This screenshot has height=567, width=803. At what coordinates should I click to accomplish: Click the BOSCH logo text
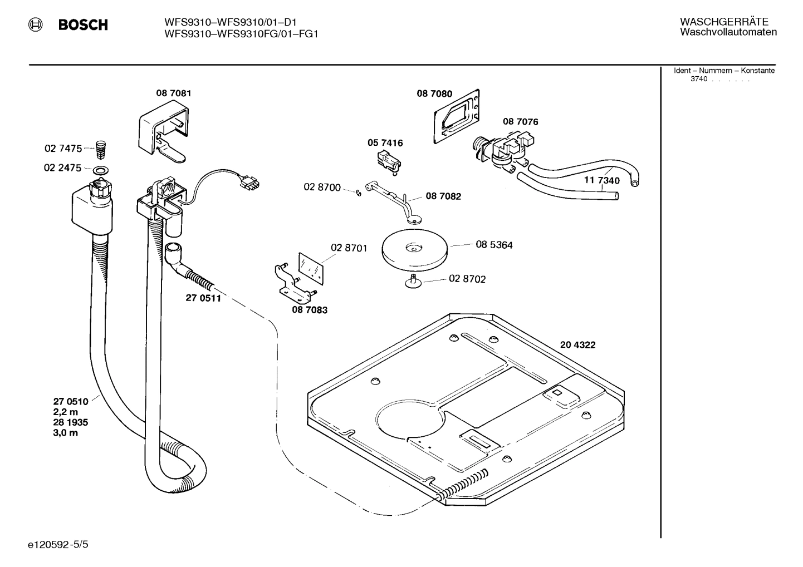click(x=83, y=25)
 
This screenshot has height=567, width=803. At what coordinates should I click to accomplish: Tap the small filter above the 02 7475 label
click(x=101, y=149)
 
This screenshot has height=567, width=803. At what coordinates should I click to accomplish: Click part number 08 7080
click(x=434, y=94)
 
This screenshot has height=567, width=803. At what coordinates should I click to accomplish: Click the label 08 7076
click(x=520, y=122)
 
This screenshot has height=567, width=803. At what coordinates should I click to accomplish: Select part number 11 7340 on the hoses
click(x=601, y=181)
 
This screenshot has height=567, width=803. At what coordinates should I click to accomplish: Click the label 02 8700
click(x=322, y=188)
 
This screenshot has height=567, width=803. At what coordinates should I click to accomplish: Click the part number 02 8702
click(x=467, y=279)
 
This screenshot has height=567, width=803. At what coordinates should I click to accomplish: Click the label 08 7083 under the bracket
click(x=309, y=310)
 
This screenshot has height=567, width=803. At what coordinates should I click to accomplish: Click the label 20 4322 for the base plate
click(x=577, y=345)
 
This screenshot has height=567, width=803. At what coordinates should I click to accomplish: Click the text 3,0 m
click(x=65, y=433)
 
